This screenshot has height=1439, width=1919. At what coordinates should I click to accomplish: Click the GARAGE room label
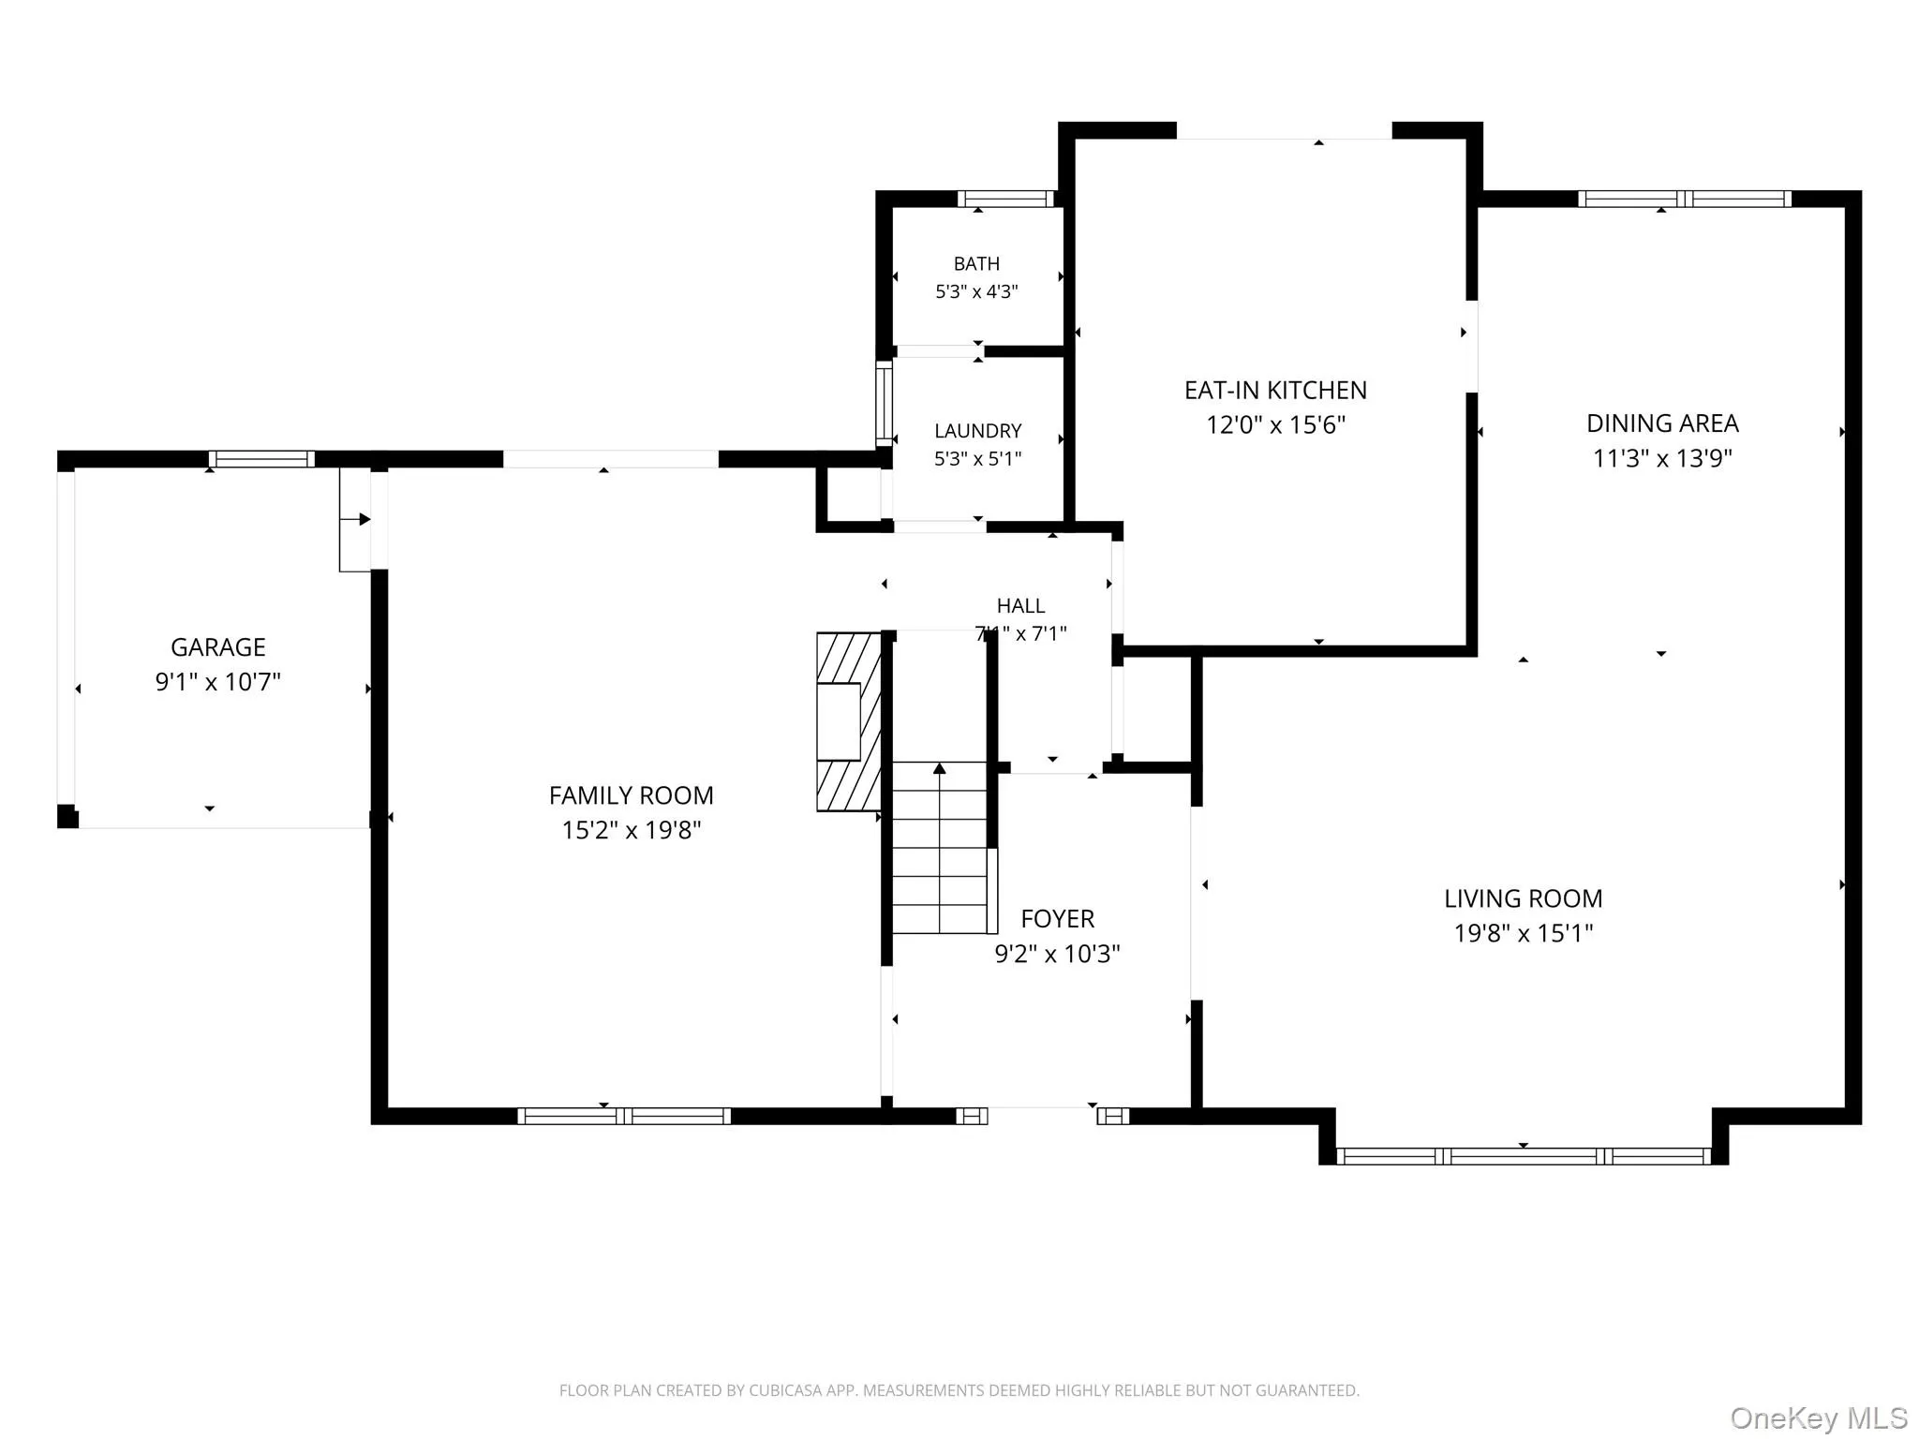tap(218, 647)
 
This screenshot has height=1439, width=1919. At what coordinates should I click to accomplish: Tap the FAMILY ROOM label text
tap(632, 795)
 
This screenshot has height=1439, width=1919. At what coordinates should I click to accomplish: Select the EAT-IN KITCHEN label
tap(1275, 390)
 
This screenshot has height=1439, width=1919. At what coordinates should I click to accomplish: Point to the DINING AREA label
tap(1662, 423)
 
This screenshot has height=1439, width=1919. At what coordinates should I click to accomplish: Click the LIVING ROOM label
tap(1524, 898)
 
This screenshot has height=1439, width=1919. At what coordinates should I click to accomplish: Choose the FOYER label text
tap(1058, 919)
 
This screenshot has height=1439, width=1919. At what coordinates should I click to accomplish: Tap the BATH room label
tap(976, 264)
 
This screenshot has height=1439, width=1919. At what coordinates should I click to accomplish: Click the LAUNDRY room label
tap(977, 431)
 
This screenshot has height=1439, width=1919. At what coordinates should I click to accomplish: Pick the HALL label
tap(1020, 606)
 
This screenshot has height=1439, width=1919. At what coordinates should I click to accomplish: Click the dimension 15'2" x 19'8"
tap(632, 830)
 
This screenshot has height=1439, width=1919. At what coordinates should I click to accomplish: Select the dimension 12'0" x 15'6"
tap(1275, 425)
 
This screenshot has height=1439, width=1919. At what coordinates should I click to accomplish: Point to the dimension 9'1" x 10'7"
tap(218, 682)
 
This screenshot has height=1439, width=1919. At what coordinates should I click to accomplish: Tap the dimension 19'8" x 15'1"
tap(1524, 933)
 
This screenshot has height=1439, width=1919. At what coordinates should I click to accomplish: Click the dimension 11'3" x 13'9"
tap(1662, 458)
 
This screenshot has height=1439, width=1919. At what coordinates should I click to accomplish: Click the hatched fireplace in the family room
tap(849, 721)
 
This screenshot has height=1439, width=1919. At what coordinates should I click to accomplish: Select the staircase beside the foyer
tap(940, 847)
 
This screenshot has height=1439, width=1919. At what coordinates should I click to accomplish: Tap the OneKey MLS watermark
tap(1819, 1418)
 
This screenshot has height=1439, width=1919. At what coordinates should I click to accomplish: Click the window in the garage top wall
tap(261, 459)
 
